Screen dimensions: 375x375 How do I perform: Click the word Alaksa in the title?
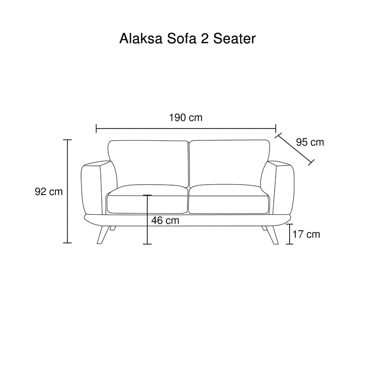pos(141,38)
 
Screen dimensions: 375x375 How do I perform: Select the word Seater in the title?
pos(234,38)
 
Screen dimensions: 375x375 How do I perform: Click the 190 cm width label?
pos(186,118)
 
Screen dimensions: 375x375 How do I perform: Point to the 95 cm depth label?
pos(310,142)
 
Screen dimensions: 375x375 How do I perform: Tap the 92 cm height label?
pos(49,192)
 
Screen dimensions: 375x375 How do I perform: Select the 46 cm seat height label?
pos(165,220)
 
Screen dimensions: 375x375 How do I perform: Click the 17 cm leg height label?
pos(307,234)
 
